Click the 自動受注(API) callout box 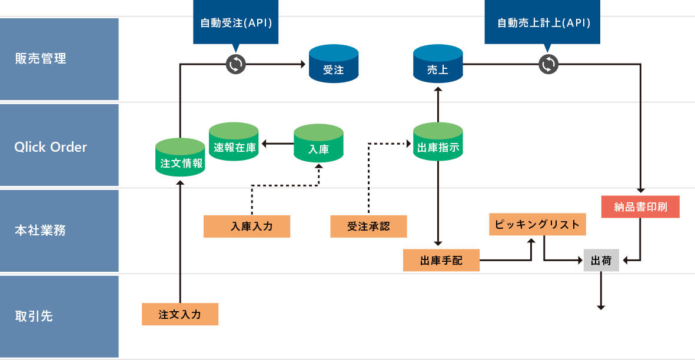click(x=235, y=23)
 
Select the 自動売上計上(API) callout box click(x=543, y=23)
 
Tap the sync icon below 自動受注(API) click(x=235, y=64)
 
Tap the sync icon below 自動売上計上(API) click(x=548, y=64)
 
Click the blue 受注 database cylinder click(x=334, y=66)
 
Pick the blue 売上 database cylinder click(x=438, y=66)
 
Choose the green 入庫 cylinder click(x=318, y=144)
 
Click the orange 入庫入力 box click(x=247, y=226)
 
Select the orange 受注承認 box click(x=369, y=226)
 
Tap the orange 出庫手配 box click(x=441, y=260)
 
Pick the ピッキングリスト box click(x=537, y=224)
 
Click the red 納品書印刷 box click(x=640, y=207)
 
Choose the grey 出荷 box click(x=601, y=260)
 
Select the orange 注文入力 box click(x=180, y=314)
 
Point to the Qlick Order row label click(x=51, y=147)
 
